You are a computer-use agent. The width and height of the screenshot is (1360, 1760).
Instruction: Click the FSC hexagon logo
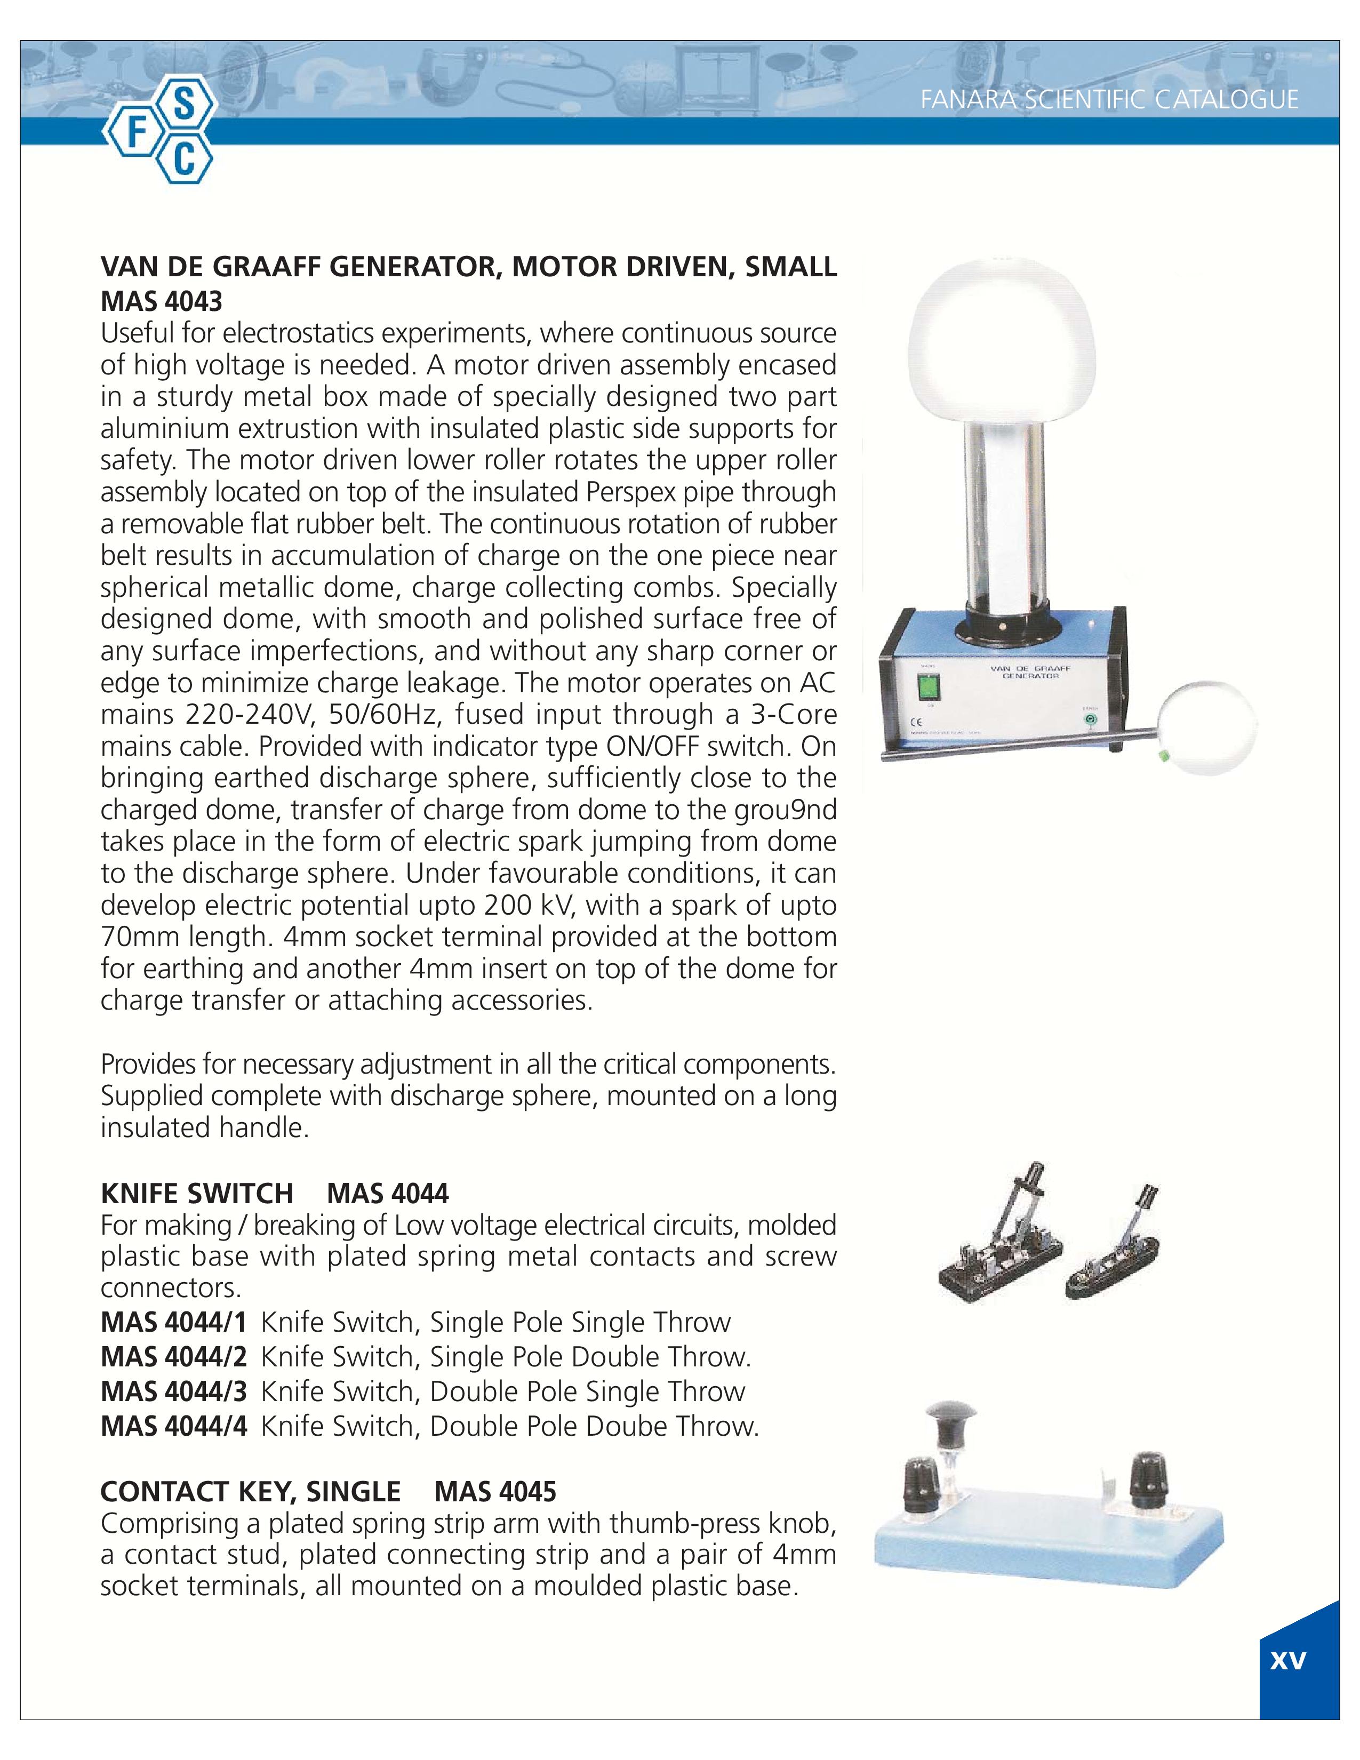coord(159,134)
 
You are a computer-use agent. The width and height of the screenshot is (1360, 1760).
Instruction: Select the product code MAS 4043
coord(161,301)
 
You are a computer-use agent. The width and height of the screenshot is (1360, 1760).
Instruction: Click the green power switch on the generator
coord(930,688)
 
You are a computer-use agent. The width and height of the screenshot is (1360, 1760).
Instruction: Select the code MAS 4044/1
coord(173,1323)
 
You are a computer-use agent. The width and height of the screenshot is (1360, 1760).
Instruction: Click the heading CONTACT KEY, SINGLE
coord(250,1492)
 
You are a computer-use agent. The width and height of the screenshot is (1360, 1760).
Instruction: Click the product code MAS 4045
coord(495,1492)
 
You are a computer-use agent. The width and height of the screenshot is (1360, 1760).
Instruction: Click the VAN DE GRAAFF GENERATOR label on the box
coord(1024,672)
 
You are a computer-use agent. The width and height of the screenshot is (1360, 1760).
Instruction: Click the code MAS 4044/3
coord(173,1391)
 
